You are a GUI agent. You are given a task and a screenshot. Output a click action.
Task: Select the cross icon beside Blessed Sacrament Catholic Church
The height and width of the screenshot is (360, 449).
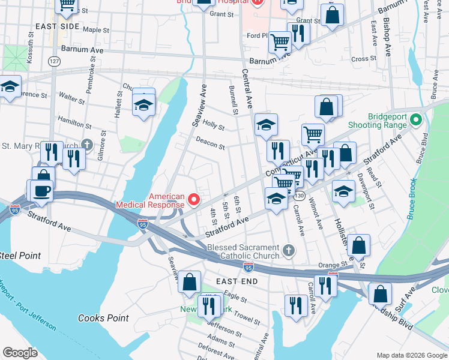(x=289, y=251)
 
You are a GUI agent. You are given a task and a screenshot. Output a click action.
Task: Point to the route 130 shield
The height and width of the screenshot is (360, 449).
(x=300, y=196)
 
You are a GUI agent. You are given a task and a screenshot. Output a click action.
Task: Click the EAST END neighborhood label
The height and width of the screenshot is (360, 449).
(x=237, y=281)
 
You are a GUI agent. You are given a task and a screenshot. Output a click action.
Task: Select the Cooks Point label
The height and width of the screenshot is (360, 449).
(x=100, y=318)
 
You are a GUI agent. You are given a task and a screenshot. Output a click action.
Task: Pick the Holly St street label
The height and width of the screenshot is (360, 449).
(x=213, y=127)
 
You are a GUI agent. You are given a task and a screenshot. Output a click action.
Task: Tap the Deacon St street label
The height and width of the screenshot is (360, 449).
(x=210, y=143)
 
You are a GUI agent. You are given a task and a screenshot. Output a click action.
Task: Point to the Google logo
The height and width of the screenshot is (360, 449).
(x=20, y=352)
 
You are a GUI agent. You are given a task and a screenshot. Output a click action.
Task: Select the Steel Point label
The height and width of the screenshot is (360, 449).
(x=20, y=256)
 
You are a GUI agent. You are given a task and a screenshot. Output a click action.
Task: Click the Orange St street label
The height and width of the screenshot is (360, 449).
(x=333, y=264)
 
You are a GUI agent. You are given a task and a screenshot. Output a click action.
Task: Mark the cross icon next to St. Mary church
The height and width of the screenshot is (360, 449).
(x=87, y=145)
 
